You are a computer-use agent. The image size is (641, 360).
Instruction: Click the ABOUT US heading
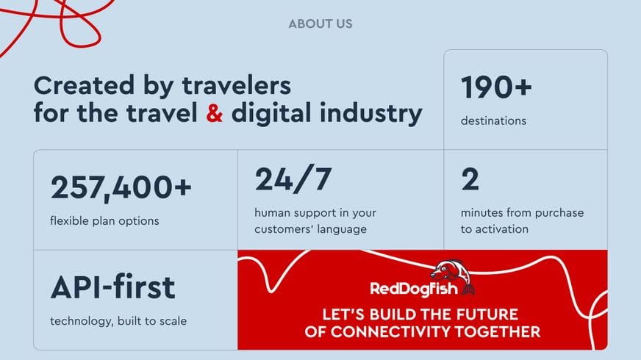tap(320, 24)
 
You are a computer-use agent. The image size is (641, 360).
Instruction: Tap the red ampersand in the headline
tap(214, 113)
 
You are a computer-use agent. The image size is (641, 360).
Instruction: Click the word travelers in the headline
tap(236, 86)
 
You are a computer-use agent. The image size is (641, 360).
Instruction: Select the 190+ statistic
tap(496, 87)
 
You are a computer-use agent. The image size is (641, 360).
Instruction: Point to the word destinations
tap(493, 121)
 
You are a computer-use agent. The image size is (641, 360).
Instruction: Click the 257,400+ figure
tap(121, 187)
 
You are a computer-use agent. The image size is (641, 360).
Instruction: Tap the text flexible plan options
tap(104, 221)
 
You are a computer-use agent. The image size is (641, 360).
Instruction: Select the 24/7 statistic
tap(293, 179)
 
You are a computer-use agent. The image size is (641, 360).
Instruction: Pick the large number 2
tap(470, 179)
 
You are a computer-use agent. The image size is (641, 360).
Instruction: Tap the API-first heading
tap(112, 287)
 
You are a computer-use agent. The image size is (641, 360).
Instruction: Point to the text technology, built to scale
tap(118, 321)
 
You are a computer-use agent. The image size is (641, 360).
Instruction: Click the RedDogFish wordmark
tap(414, 289)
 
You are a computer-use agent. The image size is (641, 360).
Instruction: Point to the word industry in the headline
tap(371, 114)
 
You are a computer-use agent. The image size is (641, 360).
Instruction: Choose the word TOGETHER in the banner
tap(498, 332)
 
